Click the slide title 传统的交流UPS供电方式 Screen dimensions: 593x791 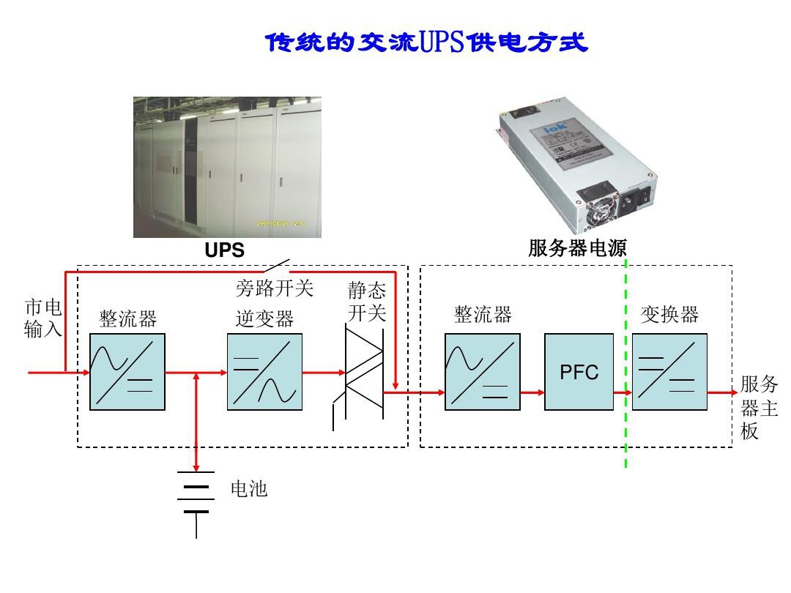click(427, 43)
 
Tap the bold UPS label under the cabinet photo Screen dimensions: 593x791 click(224, 250)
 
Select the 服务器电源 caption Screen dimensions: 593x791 click(577, 249)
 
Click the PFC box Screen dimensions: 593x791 click(579, 372)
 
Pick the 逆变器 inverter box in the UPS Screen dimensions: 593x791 click(264, 372)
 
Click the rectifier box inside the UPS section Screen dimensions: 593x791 click(127, 372)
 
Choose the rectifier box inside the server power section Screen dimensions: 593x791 click(482, 372)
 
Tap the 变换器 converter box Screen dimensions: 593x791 click(669, 372)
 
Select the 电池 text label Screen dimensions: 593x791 click(249, 489)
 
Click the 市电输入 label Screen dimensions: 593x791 click(43, 318)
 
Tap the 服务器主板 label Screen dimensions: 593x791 click(758, 407)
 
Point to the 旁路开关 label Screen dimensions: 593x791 click(274, 288)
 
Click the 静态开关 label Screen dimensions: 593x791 click(366, 302)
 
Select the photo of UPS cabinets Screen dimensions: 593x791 click(227, 167)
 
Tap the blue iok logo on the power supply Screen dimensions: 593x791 click(554, 130)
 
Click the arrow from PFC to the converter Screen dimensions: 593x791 click(623, 392)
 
